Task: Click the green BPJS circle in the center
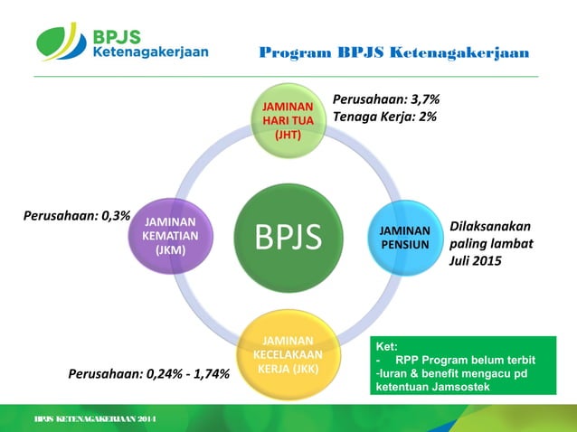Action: (x=288, y=237)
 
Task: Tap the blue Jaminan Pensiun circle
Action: (x=404, y=237)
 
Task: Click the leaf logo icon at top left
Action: (x=61, y=42)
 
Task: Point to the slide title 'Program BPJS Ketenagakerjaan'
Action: (x=393, y=53)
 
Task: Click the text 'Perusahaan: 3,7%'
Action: (x=386, y=99)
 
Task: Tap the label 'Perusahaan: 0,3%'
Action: (x=77, y=217)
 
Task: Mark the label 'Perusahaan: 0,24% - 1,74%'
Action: (x=150, y=373)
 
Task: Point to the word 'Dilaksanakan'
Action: (x=490, y=227)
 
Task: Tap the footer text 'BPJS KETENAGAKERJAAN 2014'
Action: (x=95, y=421)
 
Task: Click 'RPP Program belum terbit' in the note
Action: (x=470, y=359)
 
